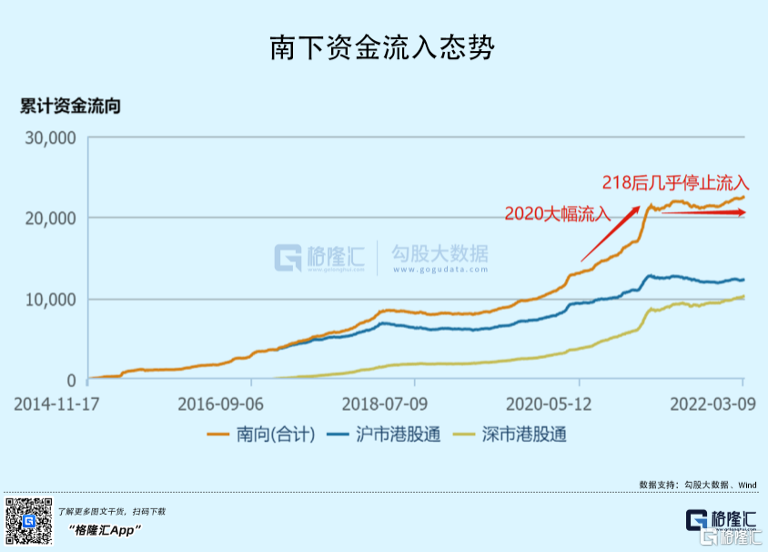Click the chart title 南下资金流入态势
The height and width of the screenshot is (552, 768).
pyautogui.click(x=382, y=48)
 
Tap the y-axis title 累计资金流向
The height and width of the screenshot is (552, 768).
pyautogui.click(x=70, y=106)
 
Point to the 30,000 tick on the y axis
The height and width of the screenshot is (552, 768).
pyautogui.click(x=49, y=138)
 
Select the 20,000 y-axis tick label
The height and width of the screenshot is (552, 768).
pyautogui.click(x=49, y=219)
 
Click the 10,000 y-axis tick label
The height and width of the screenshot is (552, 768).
pyautogui.click(x=49, y=300)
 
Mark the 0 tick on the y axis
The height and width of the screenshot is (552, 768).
pyautogui.click(x=70, y=380)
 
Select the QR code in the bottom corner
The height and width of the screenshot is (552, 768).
pyautogui.click(x=29, y=522)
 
